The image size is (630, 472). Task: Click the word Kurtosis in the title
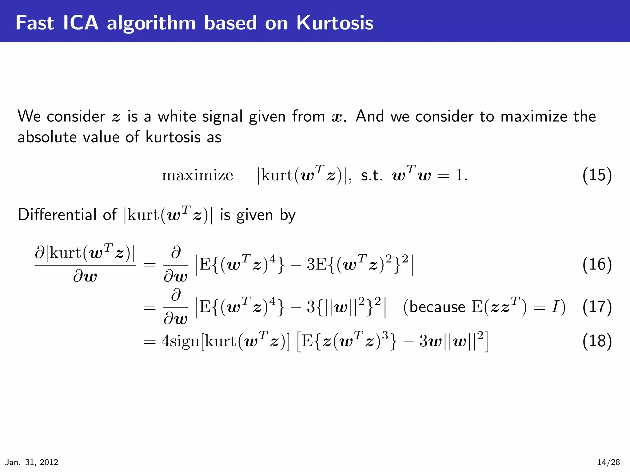(335, 23)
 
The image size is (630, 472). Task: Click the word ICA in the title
(81, 23)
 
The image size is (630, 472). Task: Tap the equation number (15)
(597, 175)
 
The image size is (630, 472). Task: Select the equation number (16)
(597, 264)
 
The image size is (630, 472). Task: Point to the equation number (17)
(597, 307)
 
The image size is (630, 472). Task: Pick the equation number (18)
(597, 341)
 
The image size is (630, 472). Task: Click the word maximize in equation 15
(197, 176)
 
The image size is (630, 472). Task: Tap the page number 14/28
(608, 462)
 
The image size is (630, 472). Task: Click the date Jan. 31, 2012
(32, 462)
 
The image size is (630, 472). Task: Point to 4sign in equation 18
(181, 341)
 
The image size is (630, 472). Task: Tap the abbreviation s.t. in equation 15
(372, 176)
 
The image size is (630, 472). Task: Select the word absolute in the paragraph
(47, 137)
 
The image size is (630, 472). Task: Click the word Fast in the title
(35, 23)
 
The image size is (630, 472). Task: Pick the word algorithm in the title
(151, 23)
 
